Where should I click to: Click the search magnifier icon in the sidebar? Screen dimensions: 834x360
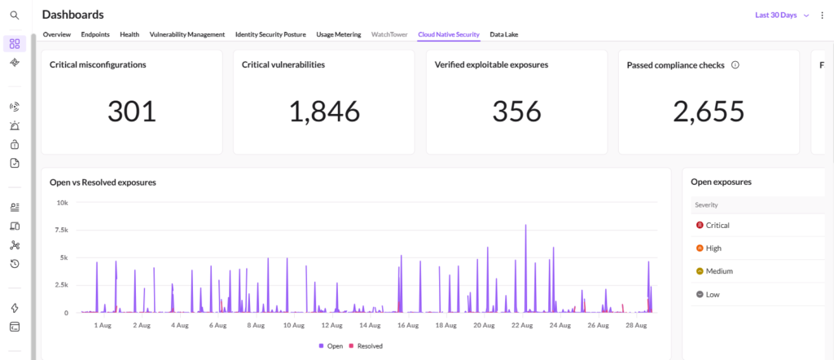point(15,15)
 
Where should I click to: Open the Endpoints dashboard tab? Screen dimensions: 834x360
point(95,34)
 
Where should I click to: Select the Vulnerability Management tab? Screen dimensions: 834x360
point(187,34)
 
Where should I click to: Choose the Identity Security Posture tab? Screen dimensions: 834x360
point(270,34)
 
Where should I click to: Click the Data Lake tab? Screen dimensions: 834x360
point(503,34)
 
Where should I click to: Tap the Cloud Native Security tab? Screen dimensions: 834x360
point(449,34)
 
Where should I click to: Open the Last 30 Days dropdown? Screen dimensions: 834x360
point(782,15)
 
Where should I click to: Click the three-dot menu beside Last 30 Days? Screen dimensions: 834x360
point(823,15)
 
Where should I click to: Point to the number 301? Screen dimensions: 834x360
point(132,112)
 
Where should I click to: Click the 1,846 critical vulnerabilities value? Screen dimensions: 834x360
point(324,112)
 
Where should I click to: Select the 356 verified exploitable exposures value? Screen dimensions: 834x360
point(516,112)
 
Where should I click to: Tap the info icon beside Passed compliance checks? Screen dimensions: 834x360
point(735,65)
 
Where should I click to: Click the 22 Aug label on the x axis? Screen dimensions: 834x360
point(524,325)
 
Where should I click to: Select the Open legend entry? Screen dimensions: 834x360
point(331,346)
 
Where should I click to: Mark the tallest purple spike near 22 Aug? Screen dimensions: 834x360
point(525,225)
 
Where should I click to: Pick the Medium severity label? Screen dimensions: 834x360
point(719,271)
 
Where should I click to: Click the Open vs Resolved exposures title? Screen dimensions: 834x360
point(103,182)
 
